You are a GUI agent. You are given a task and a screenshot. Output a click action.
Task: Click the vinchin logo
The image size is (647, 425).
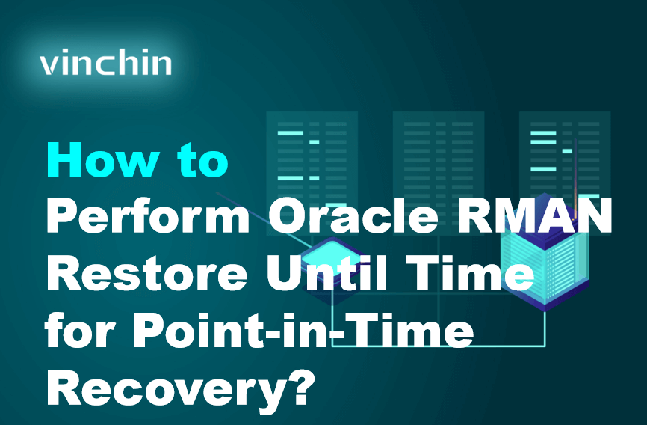105,63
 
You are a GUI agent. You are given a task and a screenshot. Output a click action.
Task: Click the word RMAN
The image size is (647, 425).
547,217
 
